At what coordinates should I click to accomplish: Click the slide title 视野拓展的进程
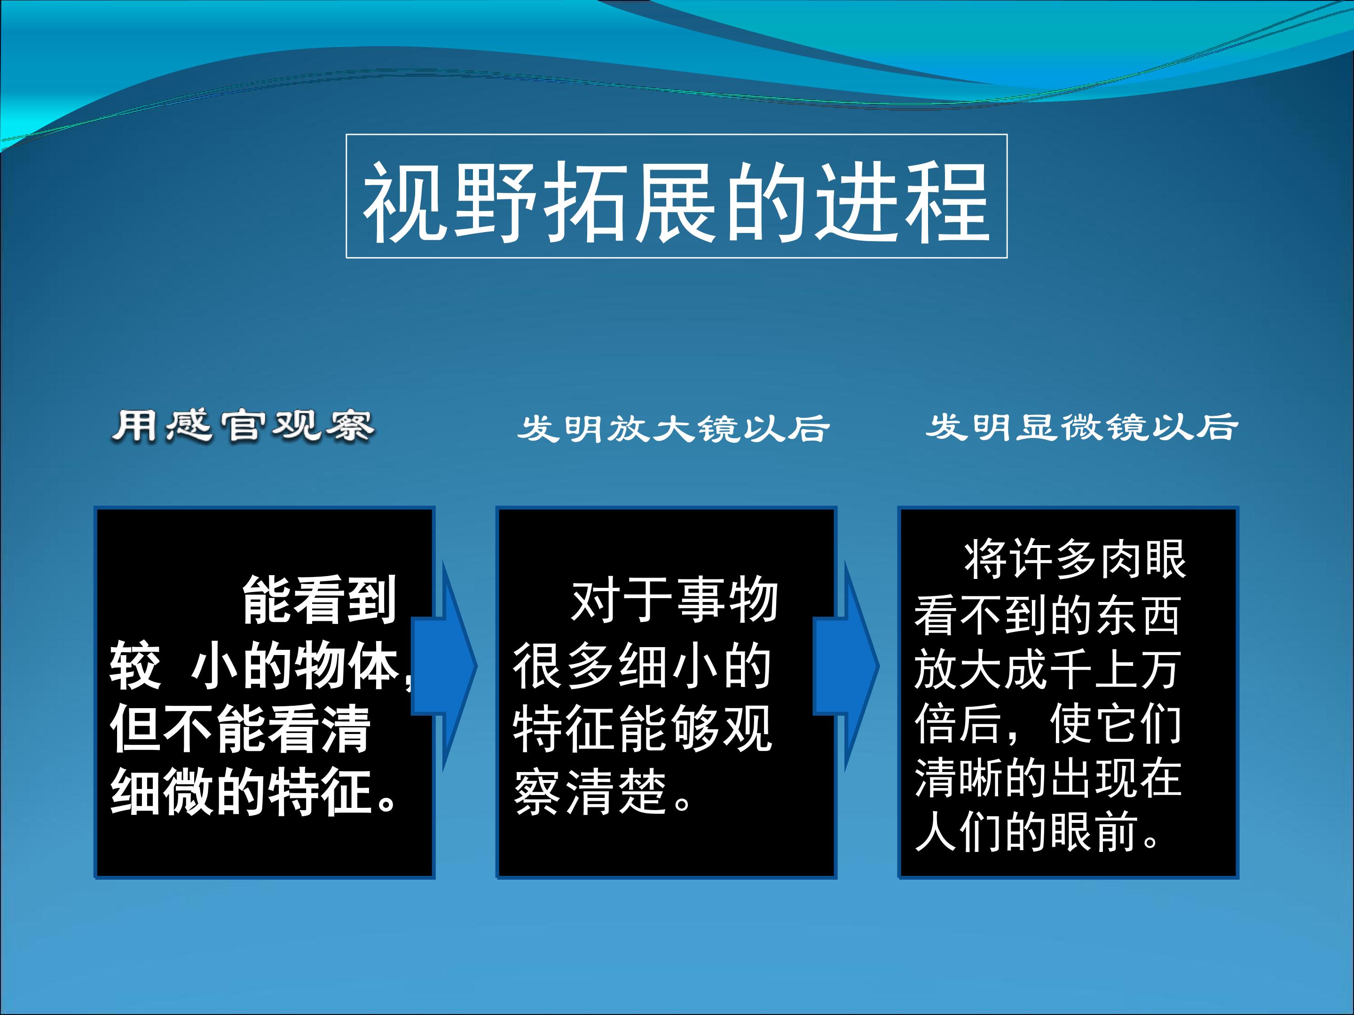point(677,203)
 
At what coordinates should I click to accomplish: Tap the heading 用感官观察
point(243,426)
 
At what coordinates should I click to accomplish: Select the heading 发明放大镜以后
point(673,428)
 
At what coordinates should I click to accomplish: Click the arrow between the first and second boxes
point(444,666)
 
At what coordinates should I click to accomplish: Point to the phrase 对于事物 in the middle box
point(674,601)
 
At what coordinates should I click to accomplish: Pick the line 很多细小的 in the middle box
point(641,666)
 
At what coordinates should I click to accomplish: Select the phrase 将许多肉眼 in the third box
point(1075,559)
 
